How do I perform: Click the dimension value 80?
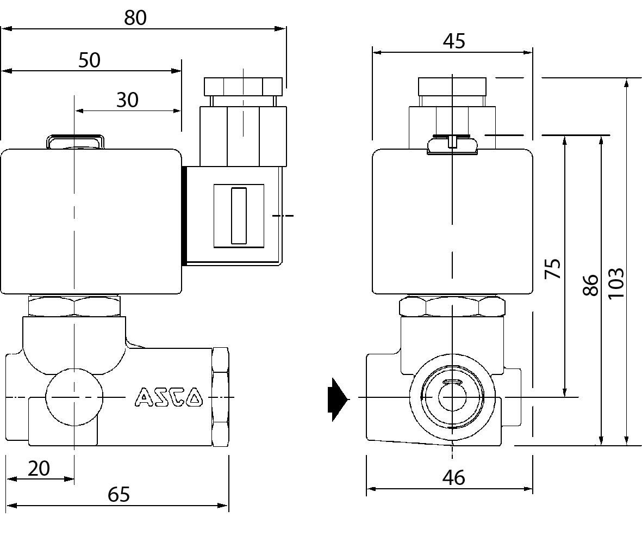[x=135, y=17]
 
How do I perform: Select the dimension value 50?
[x=89, y=60]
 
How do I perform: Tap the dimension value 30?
[x=127, y=100]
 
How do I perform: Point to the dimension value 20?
[x=39, y=468]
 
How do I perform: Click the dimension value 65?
[x=119, y=494]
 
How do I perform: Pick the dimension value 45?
[x=454, y=41]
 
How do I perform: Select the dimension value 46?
[x=454, y=477]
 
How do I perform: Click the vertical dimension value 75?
[x=553, y=268]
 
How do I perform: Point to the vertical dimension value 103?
[x=615, y=282]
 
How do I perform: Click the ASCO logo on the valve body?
[x=169, y=397]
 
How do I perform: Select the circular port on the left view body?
[x=74, y=398]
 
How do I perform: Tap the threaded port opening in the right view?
[x=451, y=398]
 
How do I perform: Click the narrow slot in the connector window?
[x=239, y=216]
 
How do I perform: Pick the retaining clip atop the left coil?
[x=74, y=141]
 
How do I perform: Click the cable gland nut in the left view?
[x=243, y=86]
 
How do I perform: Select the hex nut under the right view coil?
[x=452, y=306]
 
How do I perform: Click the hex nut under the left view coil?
[x=74, y=306]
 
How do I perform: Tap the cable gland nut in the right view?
[x=452, y=86]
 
